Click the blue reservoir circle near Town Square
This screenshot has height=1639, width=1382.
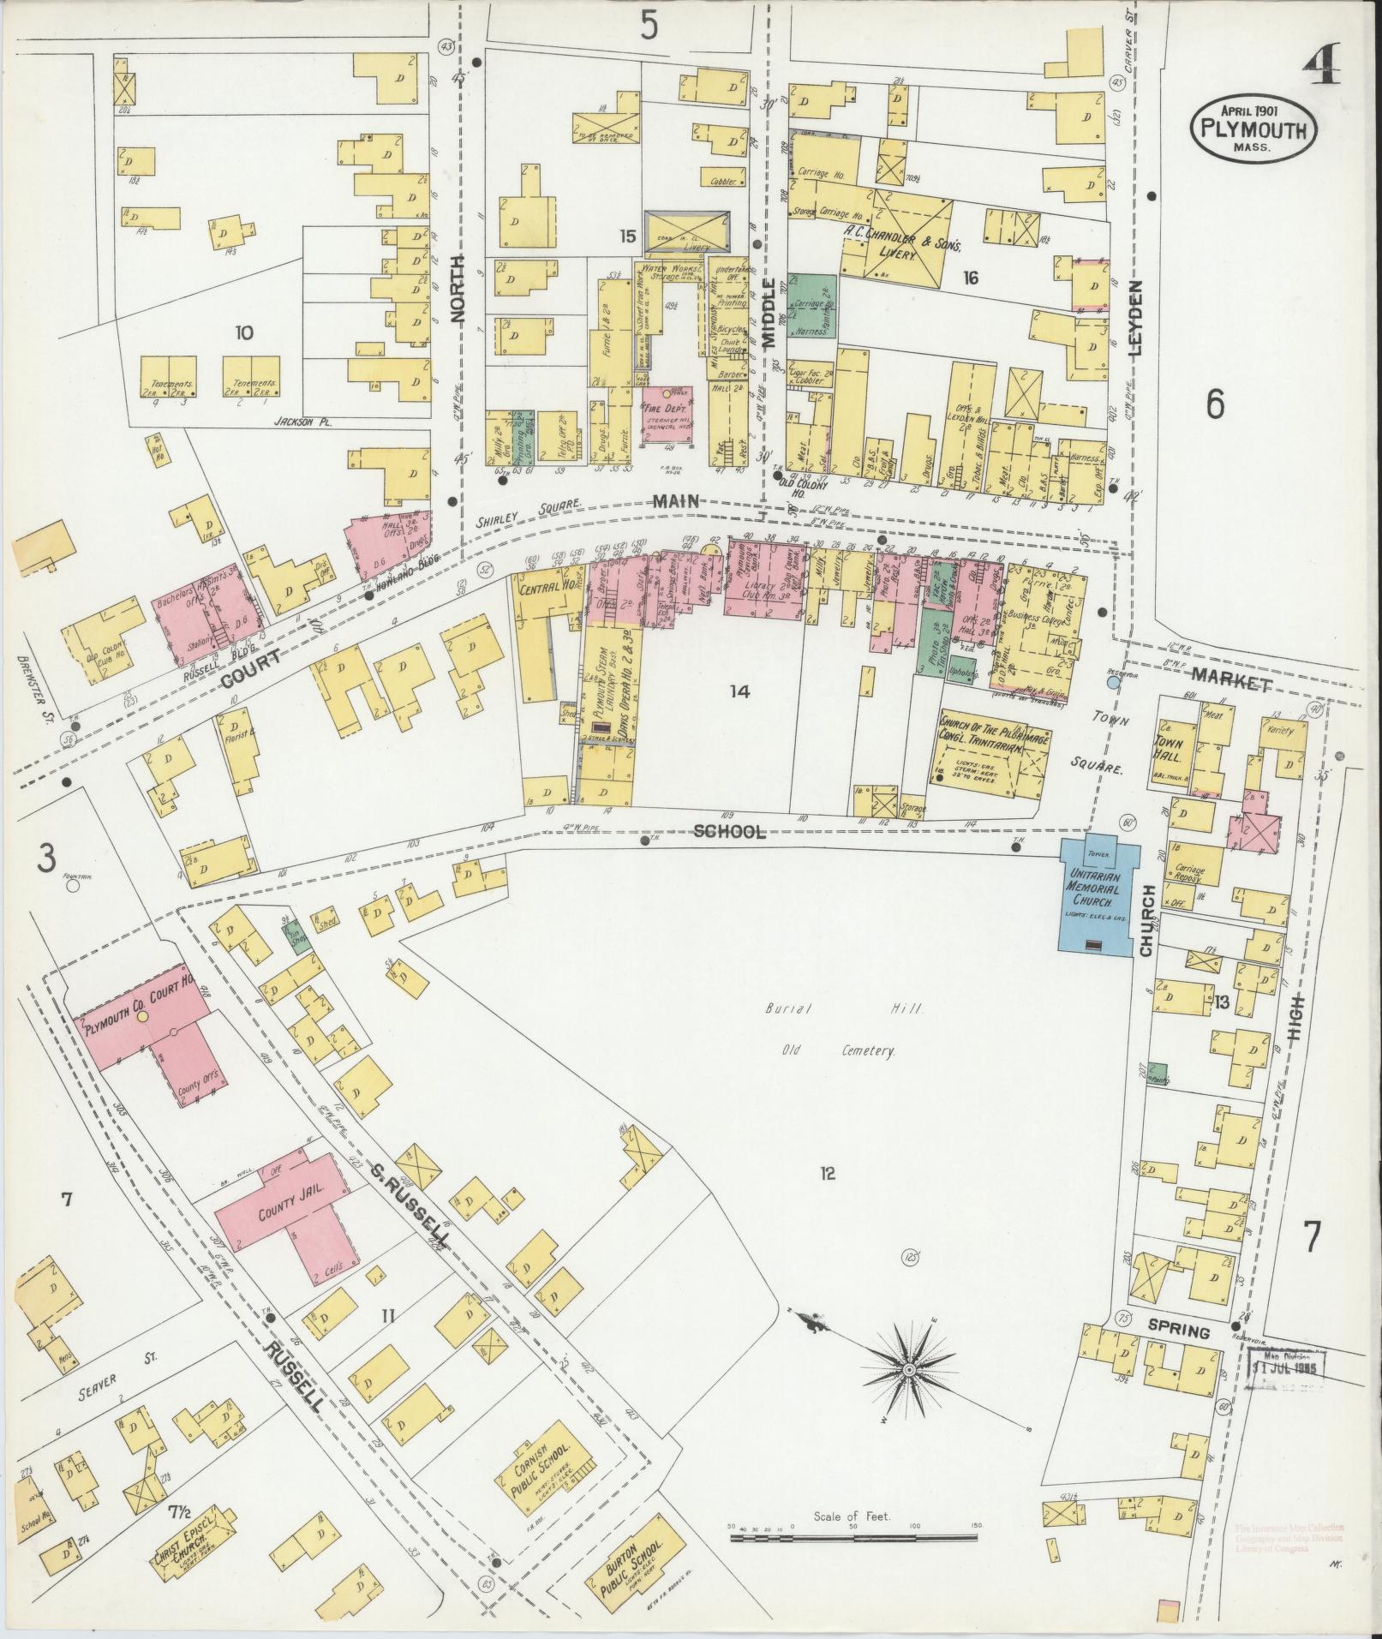(x=1113, y=683)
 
